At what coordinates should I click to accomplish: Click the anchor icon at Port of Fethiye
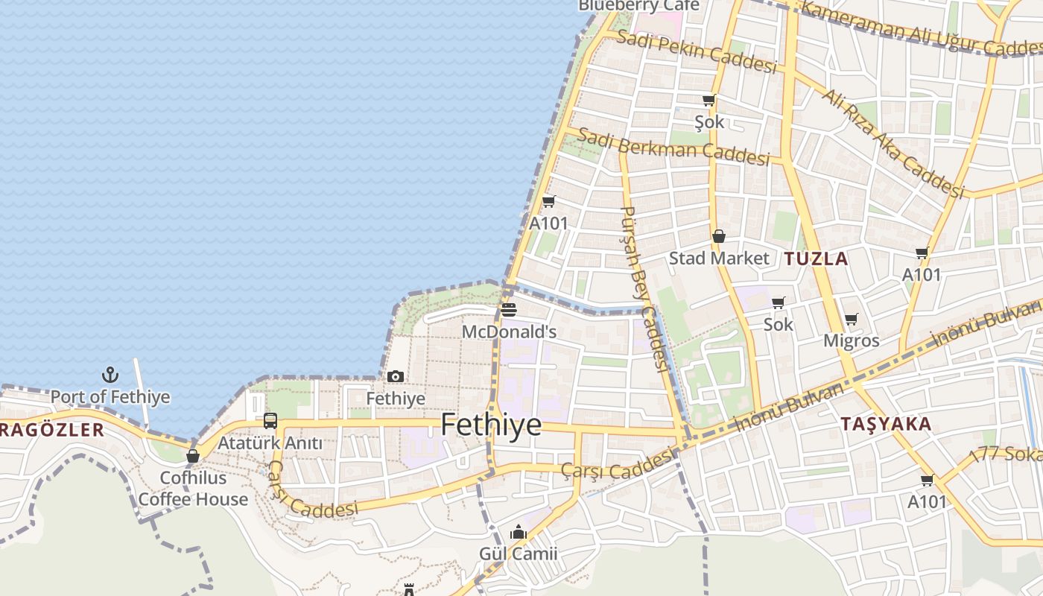110,374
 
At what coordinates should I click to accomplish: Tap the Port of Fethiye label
110,397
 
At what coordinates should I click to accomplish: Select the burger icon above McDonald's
509,310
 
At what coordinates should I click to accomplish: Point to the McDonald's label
509,332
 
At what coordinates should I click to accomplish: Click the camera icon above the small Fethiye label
396,376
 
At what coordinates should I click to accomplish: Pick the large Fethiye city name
491,425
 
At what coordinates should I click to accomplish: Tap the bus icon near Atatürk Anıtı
270,421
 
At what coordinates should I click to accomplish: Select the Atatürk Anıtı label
270,443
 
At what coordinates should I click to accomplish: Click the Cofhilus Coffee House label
193,489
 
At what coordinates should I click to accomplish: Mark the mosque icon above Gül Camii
518,532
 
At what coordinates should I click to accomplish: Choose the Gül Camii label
518,554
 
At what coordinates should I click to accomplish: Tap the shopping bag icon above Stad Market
719,237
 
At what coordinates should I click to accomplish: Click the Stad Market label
719,259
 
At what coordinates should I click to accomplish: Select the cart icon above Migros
851,319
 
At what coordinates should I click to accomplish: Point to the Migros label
851,341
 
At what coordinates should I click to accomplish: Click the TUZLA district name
816,259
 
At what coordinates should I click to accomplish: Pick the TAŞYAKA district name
886,425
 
